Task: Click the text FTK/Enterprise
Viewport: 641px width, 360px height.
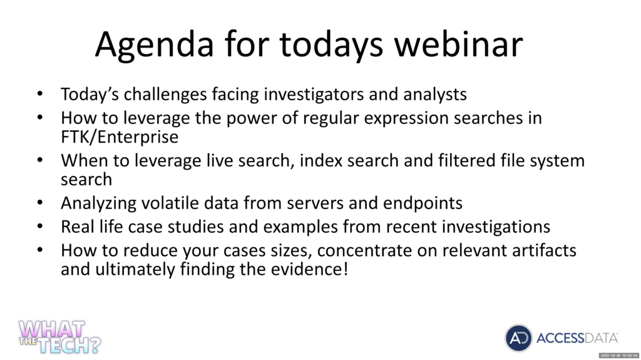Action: coord(120,136)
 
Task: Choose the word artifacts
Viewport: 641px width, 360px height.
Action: coord(544,250)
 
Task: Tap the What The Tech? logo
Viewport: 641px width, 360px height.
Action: coord(59,337)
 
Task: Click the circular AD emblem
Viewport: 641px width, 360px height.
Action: coord(518,338)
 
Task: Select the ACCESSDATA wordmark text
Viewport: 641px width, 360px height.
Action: coord(577,338)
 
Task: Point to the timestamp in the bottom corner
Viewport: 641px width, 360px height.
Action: coord(619,356)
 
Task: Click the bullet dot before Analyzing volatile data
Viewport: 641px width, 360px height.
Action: coord(39,202)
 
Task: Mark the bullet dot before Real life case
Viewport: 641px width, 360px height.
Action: coord(39,226)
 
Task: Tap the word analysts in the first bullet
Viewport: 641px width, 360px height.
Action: coord(435,95)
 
